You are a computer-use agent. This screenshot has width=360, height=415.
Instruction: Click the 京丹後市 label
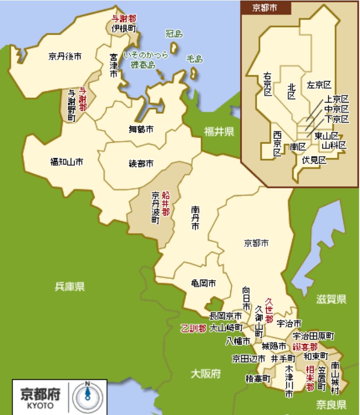(65, 57)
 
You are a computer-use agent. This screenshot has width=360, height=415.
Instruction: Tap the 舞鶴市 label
(141, 129)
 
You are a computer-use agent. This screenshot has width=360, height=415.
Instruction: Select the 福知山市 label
(66, 161)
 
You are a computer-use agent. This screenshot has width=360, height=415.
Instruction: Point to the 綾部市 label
(141, 163)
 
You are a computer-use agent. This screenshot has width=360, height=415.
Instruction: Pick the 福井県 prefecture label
(219, 131)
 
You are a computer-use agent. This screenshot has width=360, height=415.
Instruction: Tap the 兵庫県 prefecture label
(70, 287)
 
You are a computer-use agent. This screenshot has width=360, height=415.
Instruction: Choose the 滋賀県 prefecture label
(331, 298)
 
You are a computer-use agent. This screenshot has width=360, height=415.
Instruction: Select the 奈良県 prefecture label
(331, 404)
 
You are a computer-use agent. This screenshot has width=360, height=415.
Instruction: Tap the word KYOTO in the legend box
(38, 405)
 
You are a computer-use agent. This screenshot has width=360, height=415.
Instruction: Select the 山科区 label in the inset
(334, 145)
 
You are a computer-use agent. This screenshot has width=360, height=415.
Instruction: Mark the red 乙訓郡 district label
(193, 328)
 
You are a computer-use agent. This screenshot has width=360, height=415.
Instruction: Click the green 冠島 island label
(174, 34)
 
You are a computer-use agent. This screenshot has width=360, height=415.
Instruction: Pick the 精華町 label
(258, 378)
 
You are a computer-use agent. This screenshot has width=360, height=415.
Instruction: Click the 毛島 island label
(194, 59)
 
